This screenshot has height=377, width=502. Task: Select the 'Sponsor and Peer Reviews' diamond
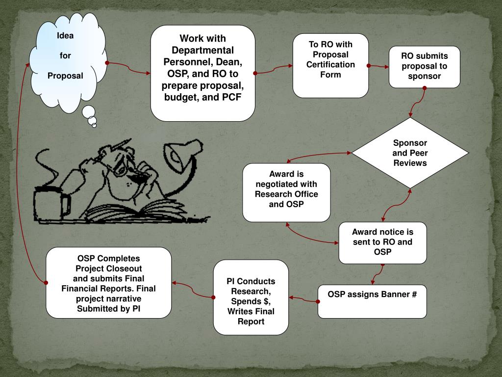pos(410,153)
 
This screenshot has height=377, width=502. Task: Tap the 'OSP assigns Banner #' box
pos(372,300)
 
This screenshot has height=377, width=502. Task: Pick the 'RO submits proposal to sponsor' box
pos(424,67)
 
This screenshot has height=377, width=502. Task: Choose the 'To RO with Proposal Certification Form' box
pos(330,65)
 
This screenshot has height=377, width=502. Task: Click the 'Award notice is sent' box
pos(382,242)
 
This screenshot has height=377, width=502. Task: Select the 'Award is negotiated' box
pos(286,191)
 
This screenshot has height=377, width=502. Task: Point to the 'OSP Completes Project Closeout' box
pos(108,282)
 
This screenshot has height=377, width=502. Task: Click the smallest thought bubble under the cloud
pos(94,125)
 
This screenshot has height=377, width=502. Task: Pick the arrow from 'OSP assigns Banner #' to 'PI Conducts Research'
pos(302,299)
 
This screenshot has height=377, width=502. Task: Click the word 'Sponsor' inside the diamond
pos(410,143)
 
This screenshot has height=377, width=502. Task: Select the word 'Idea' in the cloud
pos(65,35)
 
